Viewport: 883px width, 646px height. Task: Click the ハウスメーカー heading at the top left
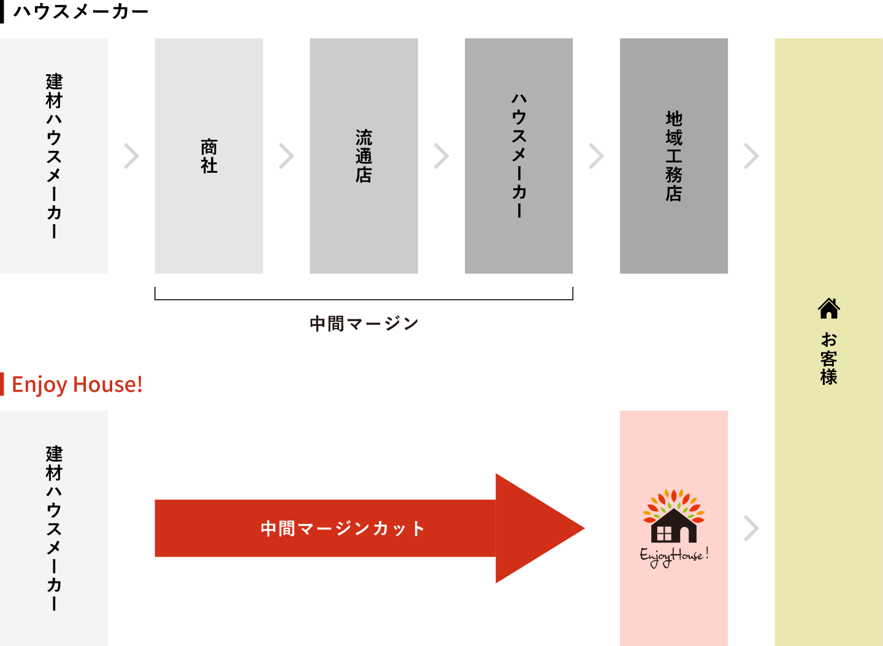pos(80,12)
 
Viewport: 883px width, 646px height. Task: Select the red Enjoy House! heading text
pos(77,384)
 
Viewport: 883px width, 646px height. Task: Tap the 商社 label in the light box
pos(209,156)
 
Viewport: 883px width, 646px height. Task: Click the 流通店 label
pos(364,156)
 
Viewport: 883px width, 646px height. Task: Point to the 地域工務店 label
pos(674,156)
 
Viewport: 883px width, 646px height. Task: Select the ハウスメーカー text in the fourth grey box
pos(519,156)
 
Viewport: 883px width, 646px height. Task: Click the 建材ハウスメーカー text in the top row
pos(54,156)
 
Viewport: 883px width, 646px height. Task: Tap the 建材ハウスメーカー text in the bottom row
pos(54,528)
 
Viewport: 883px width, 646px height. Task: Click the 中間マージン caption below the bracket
pos(364,323)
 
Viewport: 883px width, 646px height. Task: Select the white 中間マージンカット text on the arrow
pos(342,528)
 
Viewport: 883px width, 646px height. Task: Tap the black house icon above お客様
pos(828,308)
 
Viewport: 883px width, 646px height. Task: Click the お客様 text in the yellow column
pos(828,359)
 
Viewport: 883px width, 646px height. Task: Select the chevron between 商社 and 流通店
pos(286,156)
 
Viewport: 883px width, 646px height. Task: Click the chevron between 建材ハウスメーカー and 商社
pos(131,156)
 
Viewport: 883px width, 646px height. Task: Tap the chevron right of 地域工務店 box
pos(751,156)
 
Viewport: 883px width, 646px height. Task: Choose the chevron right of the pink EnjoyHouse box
pos(751,528)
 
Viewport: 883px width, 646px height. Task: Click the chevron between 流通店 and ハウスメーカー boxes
pos(442,156)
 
